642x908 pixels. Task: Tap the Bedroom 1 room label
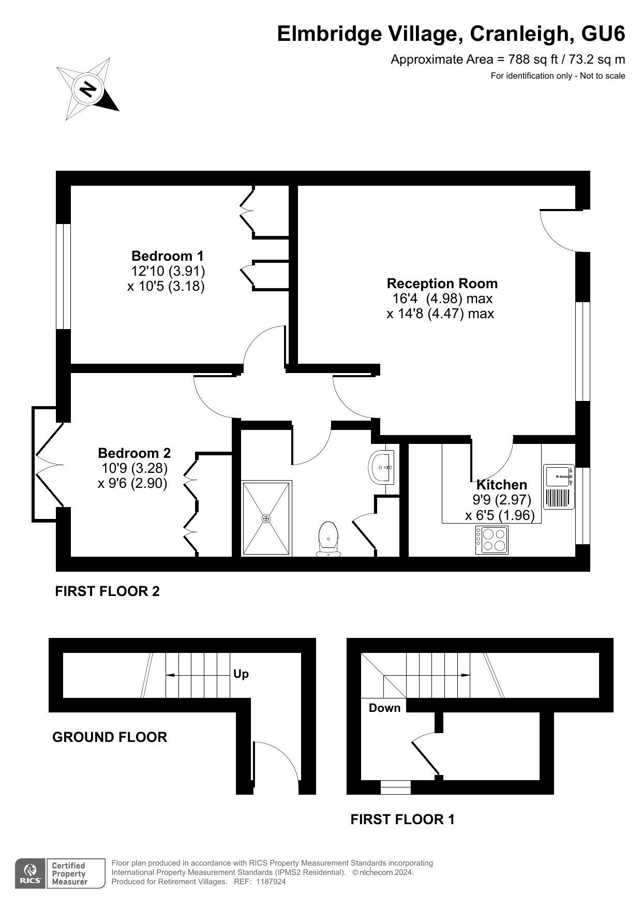click(168, 256)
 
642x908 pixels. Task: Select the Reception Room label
click(442, 284)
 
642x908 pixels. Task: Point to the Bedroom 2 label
click(135, 453)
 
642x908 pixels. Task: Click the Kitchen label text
click(502, 485)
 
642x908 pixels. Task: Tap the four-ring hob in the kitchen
click(492, 540)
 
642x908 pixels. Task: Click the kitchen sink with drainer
click(559, 486)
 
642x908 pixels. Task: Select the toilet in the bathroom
click(329, 539)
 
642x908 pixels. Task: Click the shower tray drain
click(266, 518)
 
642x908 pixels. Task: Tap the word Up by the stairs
click(241, 674)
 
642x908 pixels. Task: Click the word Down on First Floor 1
click(385, 708)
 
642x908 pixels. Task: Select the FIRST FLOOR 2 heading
click(108, 591)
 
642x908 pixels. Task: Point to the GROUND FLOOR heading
click(110, 737)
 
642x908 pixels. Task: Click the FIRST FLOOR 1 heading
click(402, 820)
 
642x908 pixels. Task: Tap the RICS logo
click(31, 874)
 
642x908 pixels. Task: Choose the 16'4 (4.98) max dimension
click(442, 299)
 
